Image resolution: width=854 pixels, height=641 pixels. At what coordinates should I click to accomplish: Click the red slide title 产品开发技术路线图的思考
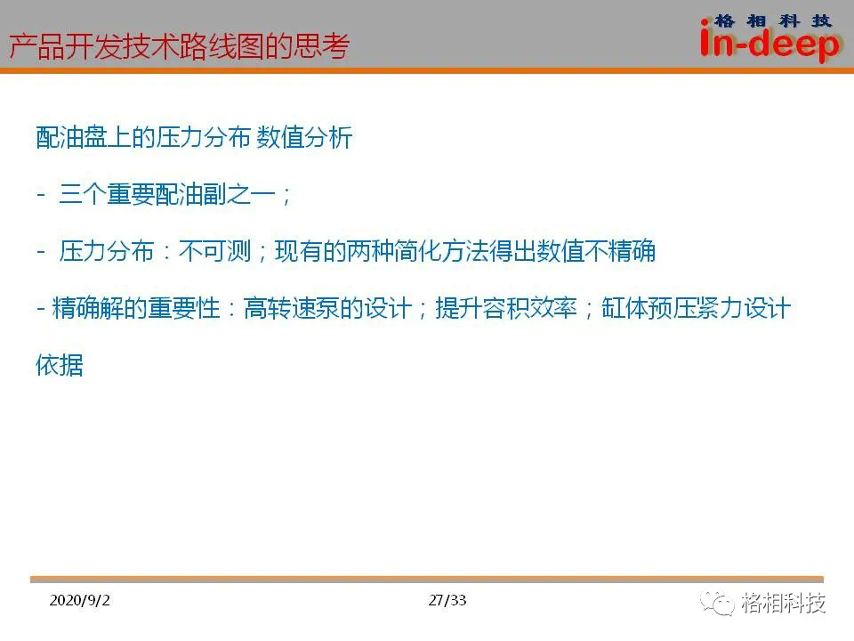click(179, 45)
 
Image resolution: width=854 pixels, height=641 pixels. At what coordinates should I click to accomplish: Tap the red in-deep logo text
click(769, 44)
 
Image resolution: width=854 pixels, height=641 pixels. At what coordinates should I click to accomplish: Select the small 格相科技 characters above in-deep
click(773, 20)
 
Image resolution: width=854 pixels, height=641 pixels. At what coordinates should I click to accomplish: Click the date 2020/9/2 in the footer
click(79, 600)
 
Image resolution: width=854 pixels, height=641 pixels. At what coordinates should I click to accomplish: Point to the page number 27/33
click(447, 600)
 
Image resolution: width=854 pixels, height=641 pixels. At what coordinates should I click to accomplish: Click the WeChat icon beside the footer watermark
click(717, 603)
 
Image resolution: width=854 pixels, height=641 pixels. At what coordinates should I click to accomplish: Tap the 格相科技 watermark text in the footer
click(783, 603)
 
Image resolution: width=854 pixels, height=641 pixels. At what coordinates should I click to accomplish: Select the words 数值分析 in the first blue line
click(304, 137)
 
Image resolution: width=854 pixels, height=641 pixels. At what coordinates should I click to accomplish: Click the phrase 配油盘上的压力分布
click(143, 137)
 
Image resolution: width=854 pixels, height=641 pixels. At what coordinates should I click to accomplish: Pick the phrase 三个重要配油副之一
click(167, 194)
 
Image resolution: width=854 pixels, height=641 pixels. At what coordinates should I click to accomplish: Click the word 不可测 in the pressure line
click(214, 251)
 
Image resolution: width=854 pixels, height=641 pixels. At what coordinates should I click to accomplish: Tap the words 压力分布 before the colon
click(106, 251)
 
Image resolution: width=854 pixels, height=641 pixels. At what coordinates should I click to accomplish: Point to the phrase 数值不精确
click(596, 251)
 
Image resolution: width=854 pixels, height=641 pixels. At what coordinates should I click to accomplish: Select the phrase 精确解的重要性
click(136, 309)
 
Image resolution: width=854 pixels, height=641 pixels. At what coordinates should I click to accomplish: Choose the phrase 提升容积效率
click(506, 309)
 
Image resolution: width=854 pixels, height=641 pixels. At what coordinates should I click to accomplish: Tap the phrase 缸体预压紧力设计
click(696, 309)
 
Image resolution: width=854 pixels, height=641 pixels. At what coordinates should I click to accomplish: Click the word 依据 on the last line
click(60, 365)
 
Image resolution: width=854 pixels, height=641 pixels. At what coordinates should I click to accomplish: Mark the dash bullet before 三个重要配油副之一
click(41, 194)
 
